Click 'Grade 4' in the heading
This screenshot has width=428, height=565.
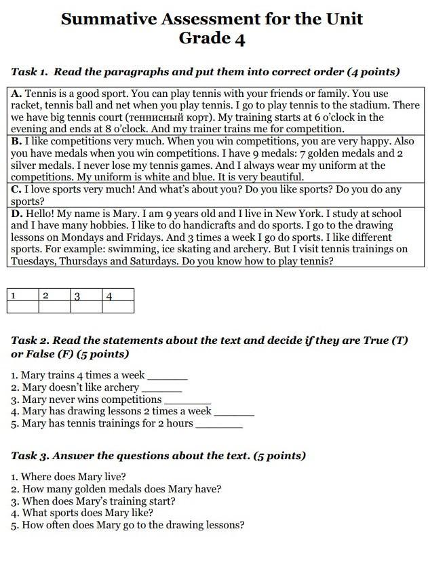[x=212, y=39]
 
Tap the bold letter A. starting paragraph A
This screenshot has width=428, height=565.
[x=16, y=94]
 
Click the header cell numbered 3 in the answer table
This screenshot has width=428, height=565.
[x=85, y=296]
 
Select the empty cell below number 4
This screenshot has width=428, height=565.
[x=117, y=307]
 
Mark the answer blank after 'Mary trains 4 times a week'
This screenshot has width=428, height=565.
[x=167, y=376]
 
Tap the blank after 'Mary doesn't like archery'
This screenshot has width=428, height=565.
[x=161, y=388]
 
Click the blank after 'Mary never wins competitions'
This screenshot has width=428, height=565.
[x=187, y=400]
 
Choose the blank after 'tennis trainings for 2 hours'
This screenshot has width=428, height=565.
[x=218, y=425]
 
